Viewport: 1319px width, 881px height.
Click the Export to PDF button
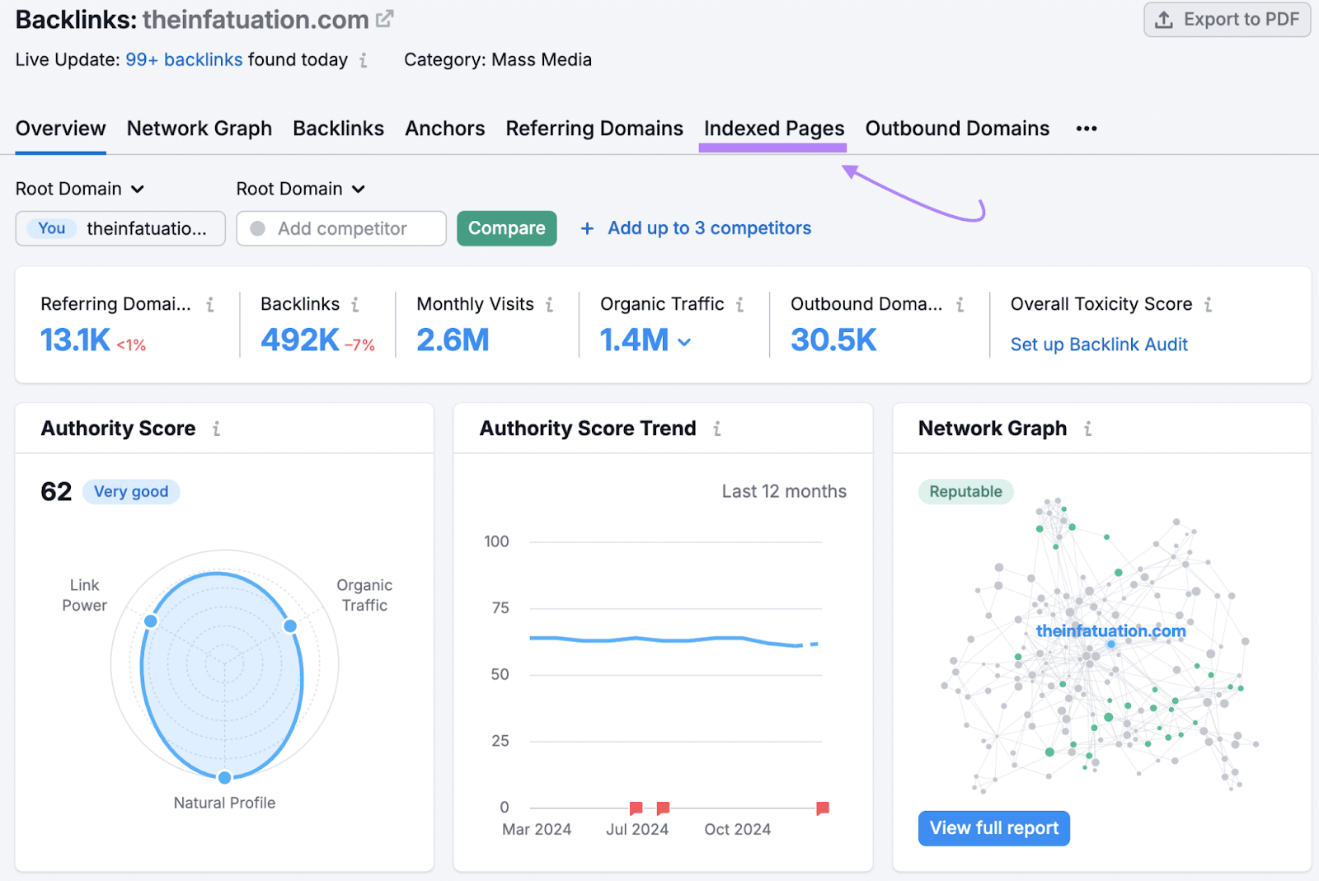(1227, 20)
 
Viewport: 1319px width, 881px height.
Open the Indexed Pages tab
(773, 129)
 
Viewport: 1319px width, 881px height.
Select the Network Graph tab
(199, 129)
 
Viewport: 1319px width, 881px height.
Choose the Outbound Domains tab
(957, 129)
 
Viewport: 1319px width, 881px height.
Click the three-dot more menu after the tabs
(1087, 129)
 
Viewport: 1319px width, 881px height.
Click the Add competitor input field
(341, 228)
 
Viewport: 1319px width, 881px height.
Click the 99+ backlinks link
(184, 59)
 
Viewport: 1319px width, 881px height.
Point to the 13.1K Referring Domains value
(75, 340)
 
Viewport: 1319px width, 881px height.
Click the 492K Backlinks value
(299, 340)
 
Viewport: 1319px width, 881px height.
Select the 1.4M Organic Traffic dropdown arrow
(684, 341)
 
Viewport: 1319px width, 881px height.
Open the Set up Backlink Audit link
(1099, 344)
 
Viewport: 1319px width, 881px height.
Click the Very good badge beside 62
(131, 492)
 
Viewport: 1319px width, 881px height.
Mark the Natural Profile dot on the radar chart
(224, 777)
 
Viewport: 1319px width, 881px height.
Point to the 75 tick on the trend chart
(500, 608)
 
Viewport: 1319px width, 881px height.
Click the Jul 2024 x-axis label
(637, 829)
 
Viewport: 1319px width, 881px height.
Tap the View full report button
(994, 828)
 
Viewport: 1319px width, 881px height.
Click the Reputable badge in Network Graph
(965, 492)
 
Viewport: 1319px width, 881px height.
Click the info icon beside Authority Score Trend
(717, 429)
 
